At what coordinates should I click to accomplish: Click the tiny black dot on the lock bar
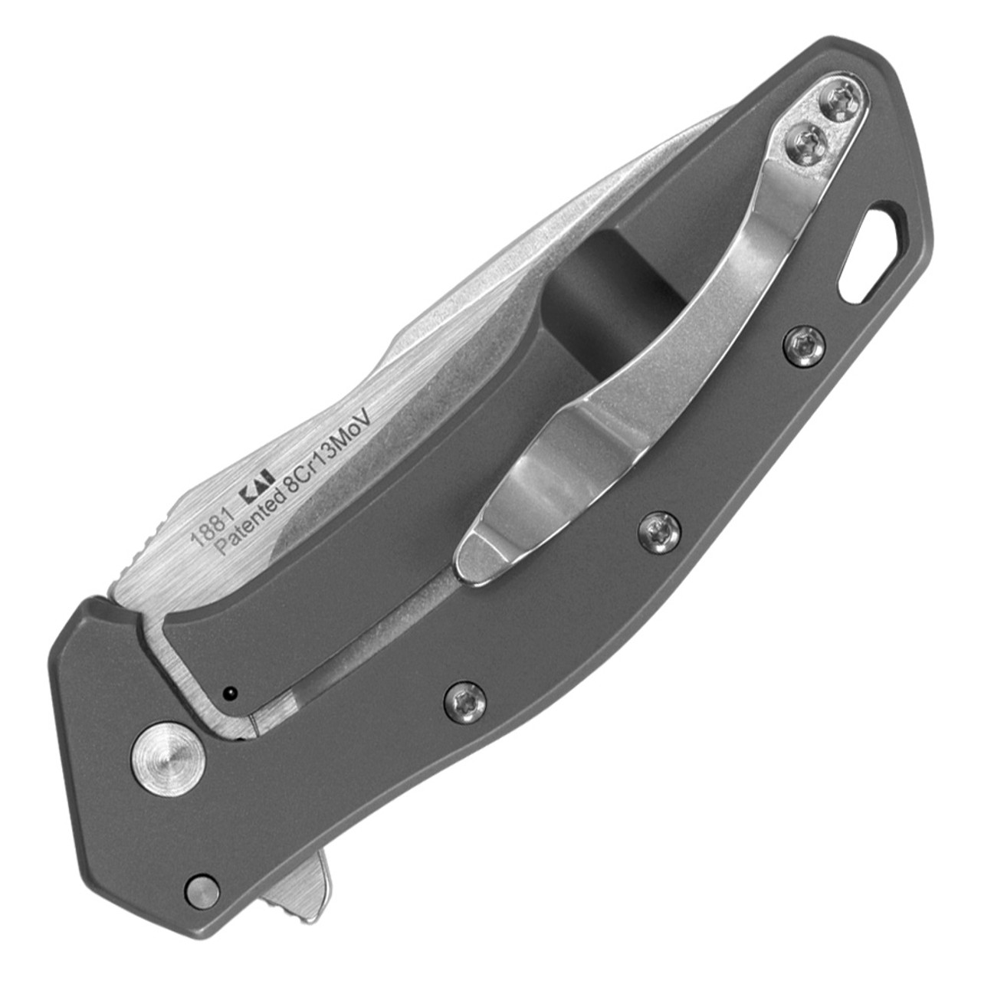point(228,694)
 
